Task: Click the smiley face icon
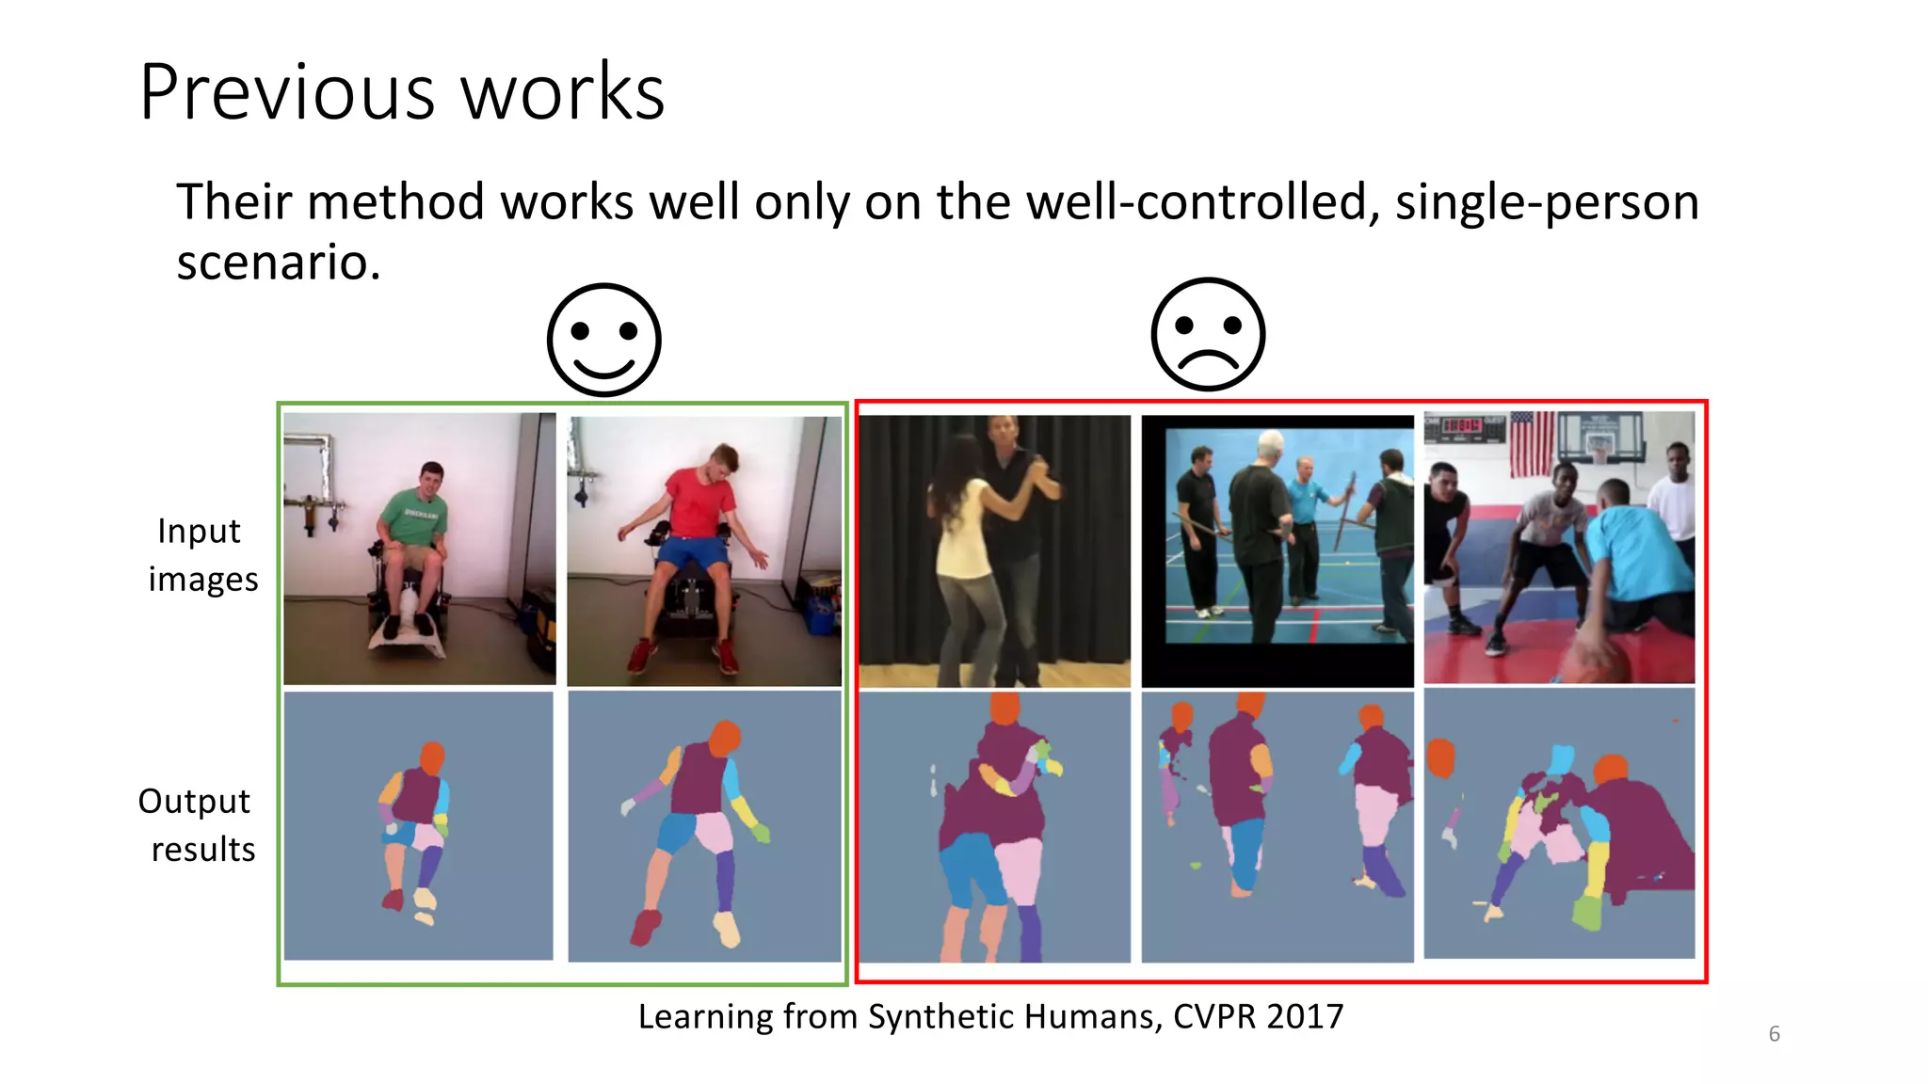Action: (604, 340)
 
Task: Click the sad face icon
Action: (1208, 334)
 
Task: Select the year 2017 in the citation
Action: (1305, 1016)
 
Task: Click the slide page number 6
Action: (1774, 1034)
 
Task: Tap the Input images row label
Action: (201, 555)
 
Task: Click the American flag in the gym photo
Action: (1532, 442)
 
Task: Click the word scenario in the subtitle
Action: (278, 262)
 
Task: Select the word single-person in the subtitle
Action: (1547, 202)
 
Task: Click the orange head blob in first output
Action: (432, 757)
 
